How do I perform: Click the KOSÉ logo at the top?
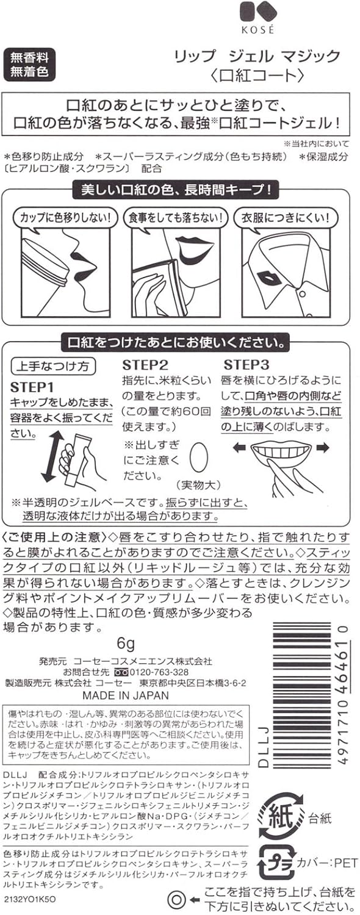tap(257, 18)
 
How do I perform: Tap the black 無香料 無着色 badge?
tap(29, 65)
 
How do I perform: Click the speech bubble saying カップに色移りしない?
tap(65, 218)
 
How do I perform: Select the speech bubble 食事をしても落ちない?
tap(176, 218)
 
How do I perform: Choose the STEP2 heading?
tap(145, 365)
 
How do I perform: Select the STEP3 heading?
tap(247, 365)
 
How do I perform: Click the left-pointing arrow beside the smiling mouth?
tap(239, 448)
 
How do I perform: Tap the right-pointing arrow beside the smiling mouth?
tap(323, 448)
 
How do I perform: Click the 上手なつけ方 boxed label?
tap(52, 366)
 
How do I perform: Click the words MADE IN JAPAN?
tap(126, 695)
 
